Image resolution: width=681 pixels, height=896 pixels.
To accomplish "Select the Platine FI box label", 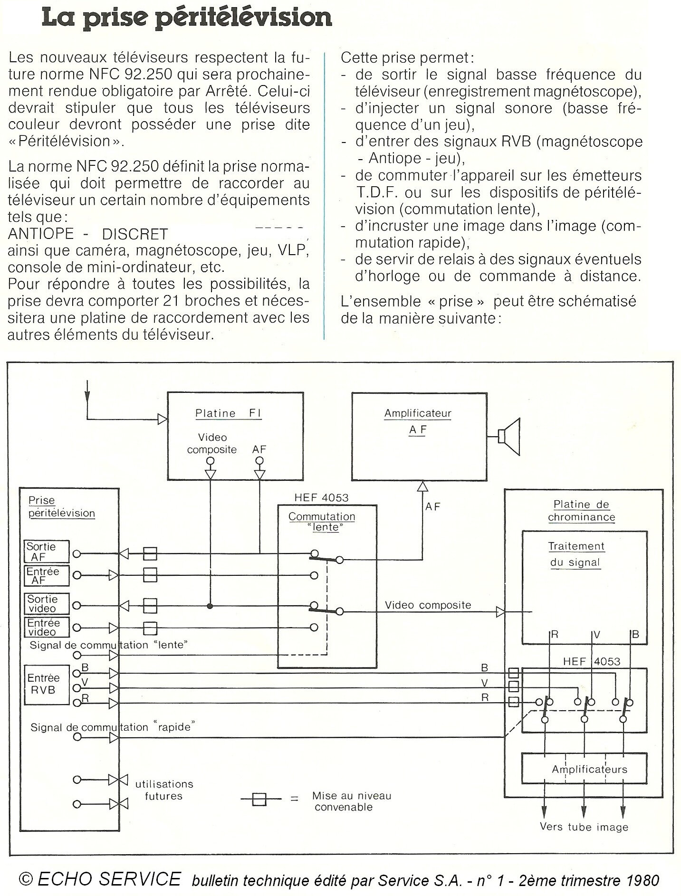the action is [228, 413].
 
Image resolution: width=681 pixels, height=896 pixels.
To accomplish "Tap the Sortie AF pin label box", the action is [47, 552].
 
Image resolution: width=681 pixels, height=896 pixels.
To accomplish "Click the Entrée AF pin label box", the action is [47, 575].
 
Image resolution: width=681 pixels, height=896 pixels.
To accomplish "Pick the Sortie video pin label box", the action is [47, 604].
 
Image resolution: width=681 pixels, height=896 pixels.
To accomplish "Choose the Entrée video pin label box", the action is [47, 627].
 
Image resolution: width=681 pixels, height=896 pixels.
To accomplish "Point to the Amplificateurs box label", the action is [589, 769].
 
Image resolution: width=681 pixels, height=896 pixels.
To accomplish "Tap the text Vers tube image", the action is [584, 827].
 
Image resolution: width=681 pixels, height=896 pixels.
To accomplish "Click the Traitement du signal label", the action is [576, 554].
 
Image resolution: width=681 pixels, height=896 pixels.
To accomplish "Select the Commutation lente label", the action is [322, 522].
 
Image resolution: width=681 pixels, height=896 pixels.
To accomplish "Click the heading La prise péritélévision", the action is [187, 17].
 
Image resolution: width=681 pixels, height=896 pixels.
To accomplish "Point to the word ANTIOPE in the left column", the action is [41, 234].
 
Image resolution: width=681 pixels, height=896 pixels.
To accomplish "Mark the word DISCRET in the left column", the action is [135, 234].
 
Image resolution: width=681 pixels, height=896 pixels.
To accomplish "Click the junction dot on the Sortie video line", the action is [210, 606].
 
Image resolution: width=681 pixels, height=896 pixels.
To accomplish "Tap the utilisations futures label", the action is [164, 790].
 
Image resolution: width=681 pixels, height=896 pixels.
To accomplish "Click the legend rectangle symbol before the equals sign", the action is [259, 799].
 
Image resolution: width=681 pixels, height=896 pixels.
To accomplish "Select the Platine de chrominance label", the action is [581, 511].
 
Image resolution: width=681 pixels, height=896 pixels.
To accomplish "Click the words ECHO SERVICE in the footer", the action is [109, 879].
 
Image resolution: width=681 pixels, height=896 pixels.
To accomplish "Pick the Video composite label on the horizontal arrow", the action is [428, 605].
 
